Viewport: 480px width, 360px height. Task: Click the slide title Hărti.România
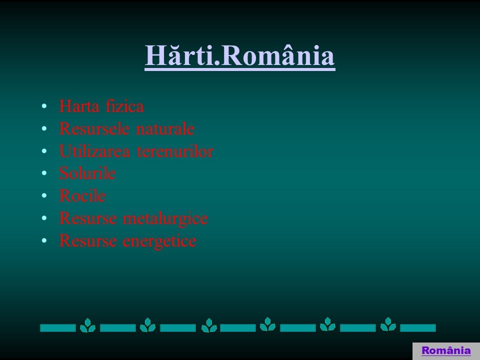click(239, 55)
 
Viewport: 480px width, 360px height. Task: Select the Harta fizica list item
click(101, 106)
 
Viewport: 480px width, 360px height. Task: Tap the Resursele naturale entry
click(126, 128)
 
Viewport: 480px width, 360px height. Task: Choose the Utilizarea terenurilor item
click(136, 151)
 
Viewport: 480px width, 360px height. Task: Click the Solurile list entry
click(87, 173)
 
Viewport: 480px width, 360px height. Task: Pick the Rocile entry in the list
click(82, 195)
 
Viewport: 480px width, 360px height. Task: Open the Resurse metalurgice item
click(133, 218)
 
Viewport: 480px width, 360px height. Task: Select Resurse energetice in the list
click(127, 241)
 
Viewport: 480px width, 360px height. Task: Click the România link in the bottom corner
click(446, 350)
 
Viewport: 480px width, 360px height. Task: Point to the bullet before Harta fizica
click(44, 106)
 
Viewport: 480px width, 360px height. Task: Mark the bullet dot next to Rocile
click(44, 195)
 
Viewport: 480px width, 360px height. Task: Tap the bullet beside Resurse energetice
click(44, 240)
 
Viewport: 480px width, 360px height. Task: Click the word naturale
click(165, 128)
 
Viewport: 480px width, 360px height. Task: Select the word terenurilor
click(175, 151)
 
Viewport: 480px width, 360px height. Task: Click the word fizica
click(124, 106)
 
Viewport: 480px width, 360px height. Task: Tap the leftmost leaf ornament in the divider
click(87, 325)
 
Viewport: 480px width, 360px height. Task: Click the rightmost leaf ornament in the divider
click(388, 324)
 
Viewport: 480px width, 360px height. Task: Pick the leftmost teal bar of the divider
click(58, 328)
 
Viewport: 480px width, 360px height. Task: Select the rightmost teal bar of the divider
click(418, 328)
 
